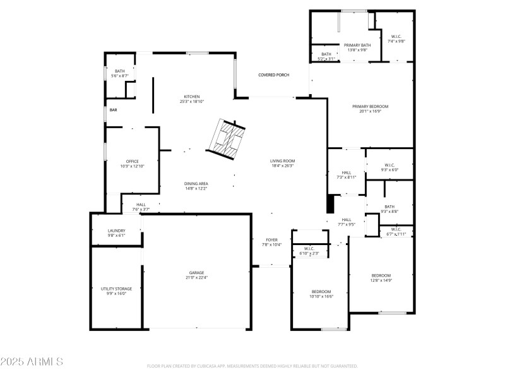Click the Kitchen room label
point(191,97)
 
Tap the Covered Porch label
point(273,75)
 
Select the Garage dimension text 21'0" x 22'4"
point(196,277)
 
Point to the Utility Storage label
point(117,289)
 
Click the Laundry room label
point(116,231)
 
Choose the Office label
point(132,161)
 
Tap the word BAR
point(114,110)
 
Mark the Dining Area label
point(196,183)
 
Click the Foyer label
point(271,240)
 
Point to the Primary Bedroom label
point(370,106)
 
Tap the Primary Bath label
point(357,45)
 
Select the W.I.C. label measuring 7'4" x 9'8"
point(396,37)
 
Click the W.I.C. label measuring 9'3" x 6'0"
point(389,165)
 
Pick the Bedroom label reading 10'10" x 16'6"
point(321,291)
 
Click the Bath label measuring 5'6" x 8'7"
point(119,71)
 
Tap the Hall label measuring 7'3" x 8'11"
point(347,172)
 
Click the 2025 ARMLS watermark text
point(32,362)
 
